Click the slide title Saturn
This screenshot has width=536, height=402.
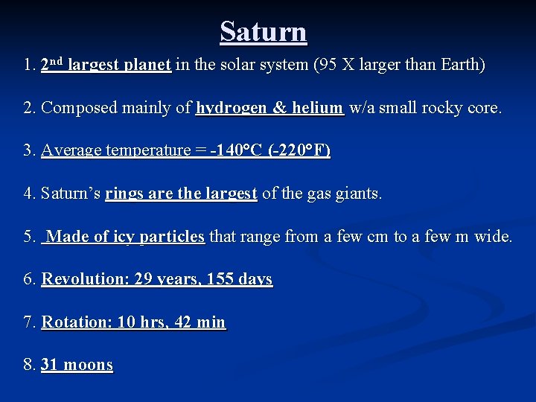pyautogui.click(x=264, y=32)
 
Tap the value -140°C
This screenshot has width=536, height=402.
pyautogui.click(x=237, y=150)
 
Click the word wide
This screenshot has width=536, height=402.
pyautogui.click(x=492, y=237)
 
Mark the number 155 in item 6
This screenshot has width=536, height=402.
pyautogui.click(x=218, y=280)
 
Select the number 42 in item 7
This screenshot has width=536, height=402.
pyautogui.click(x=183, y=322)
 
